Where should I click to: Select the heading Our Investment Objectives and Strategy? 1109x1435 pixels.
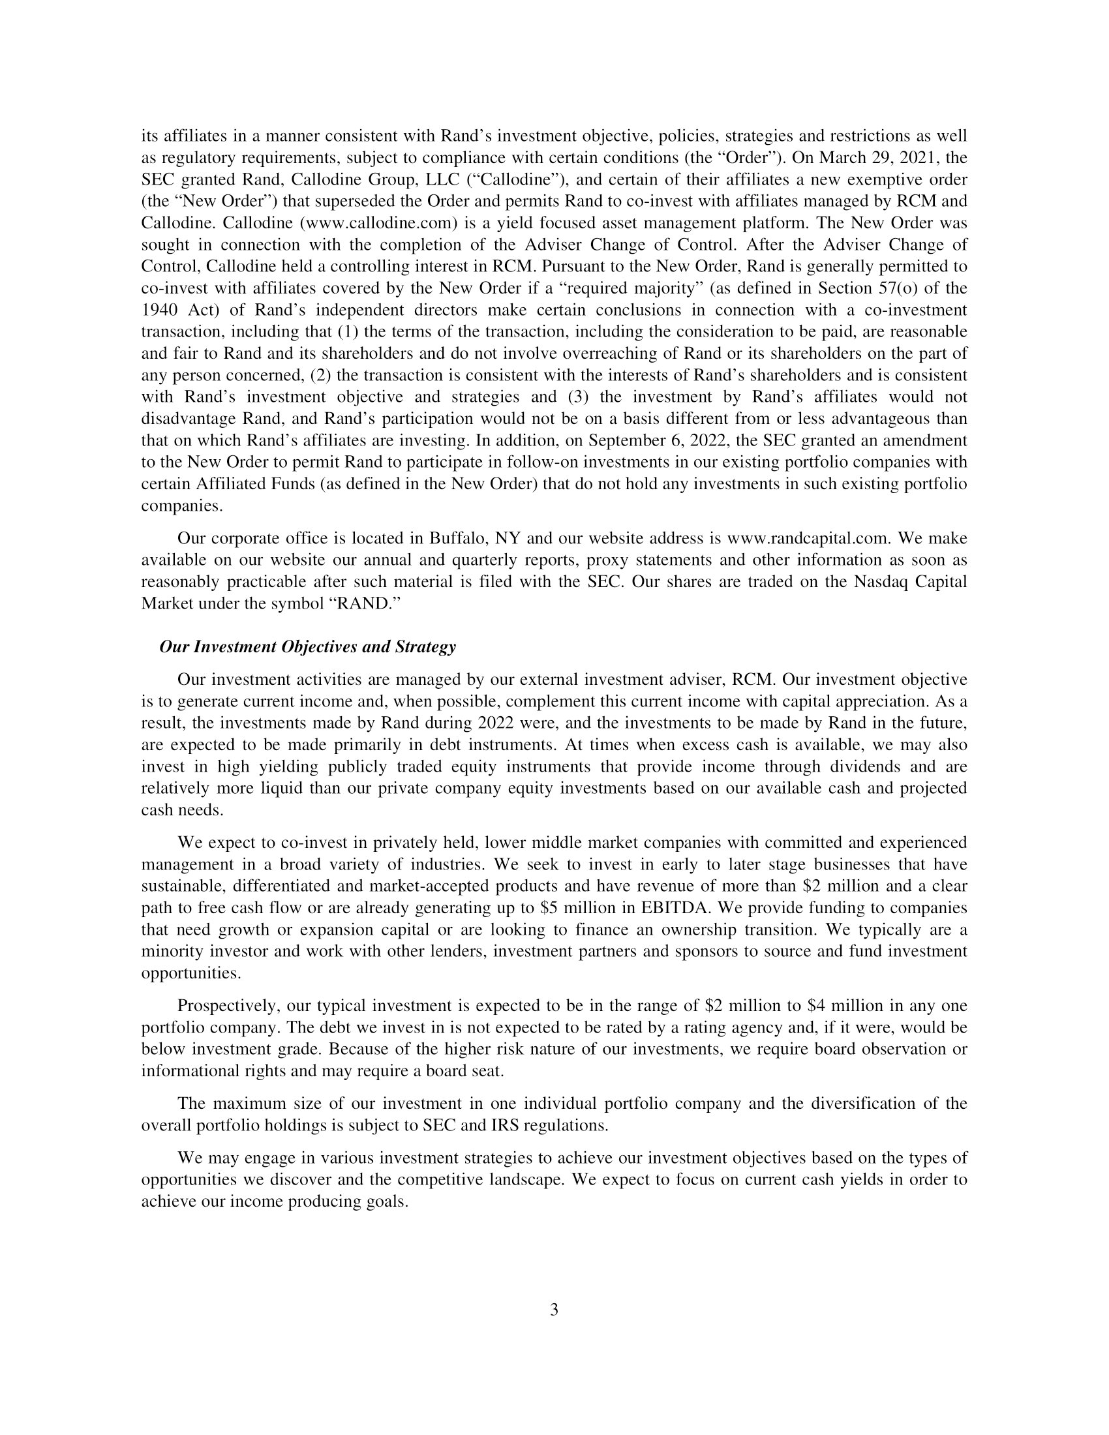[x=307, y=646]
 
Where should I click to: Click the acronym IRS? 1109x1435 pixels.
[x=504, y=1125]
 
